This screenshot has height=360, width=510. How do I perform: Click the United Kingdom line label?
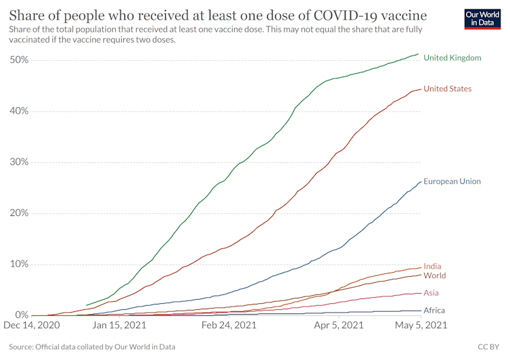(x=453, y=58)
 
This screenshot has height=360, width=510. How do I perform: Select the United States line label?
(x=447, y=89)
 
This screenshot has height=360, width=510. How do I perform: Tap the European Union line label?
(x=452, y=181)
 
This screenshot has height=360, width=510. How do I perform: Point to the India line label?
(x=432, y=267)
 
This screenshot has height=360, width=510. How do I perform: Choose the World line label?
(x=434, y=276)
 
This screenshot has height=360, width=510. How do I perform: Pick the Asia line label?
(x=431, y=293)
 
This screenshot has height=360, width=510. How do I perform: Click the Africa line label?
(x=434, y=311)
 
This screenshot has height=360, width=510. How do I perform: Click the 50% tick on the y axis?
(x=19, y=60)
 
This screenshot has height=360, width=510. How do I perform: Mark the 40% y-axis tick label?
(x=19, y=111)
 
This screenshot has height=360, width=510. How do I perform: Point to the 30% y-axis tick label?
(x=19, y=162)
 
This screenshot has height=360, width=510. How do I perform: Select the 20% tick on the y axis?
(x=19, y=213)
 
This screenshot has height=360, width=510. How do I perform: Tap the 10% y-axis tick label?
(x=19, y=264)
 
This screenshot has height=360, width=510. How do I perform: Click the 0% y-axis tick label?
(x=22, y=315)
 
